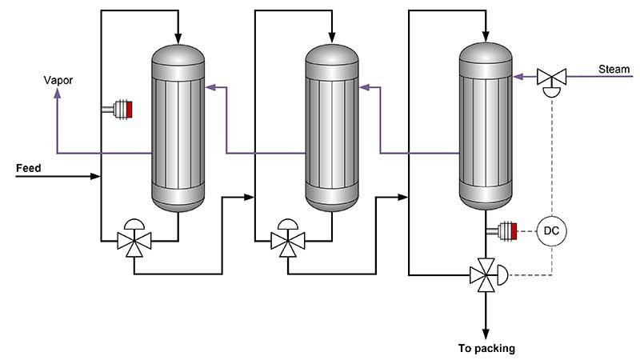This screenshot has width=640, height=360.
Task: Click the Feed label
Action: pyautogui.click(x=29, y=169)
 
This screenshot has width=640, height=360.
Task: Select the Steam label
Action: pyautogui.click(x=614, y=70)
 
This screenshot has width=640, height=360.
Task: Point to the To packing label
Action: pyautogui.click(x=486, y=348)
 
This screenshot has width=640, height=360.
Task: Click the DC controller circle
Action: pyautogui.click(x=550, y=230)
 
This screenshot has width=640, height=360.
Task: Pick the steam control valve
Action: pyautogui.click(x=550, y=78)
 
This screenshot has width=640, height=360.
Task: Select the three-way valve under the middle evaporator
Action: pyautogui.click(x=286, y=239)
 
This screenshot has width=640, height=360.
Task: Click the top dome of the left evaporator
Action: pyautogui.click(x=178, y=57)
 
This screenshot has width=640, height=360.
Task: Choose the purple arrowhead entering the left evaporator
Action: pyautogui.click(x=210, y=86)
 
